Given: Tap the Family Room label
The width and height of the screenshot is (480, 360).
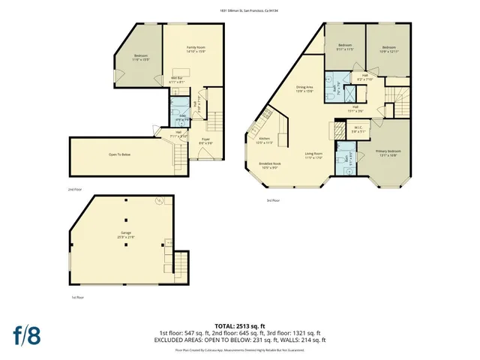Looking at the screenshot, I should pyautogui.click(x=196, y=49).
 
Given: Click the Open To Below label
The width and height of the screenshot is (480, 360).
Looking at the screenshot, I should pyautogui.click(x=120, y=155).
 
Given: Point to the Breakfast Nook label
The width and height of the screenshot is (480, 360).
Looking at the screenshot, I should pyautogui.click(x=270, y=166).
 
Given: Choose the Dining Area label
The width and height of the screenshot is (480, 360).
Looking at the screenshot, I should pyautogui.click(x=304, y=89).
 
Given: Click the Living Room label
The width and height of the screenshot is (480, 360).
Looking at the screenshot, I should pyautogui.click(x=313, y=155).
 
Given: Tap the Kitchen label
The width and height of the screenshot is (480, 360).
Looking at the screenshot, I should pyautogui.click(x=265, y=140).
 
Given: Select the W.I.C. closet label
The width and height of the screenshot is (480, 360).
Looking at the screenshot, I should pyautogui.click(x=358, y=129).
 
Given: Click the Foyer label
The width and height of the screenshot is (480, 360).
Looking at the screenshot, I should pyautogui.click(x=204, y=140).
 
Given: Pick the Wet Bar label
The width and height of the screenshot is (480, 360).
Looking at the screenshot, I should pyautogui.click(x=178, y=79).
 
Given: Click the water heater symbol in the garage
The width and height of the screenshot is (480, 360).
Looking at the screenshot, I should pyautogui.click(x=159, y=201).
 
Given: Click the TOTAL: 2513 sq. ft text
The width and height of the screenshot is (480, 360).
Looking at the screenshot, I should pyautogui.click(x=239, y=325).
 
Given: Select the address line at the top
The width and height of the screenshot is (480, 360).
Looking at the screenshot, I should pyautogui.click(x=240, y=10).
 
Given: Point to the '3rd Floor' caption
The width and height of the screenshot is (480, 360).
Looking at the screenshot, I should pyautogui.click(x=273, y=201).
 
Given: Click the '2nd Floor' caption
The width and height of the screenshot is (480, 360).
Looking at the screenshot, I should pyautogui.click(x=75, y=189).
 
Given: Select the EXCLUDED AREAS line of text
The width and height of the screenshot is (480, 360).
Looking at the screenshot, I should pyautogui.click(x=239, y=340).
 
